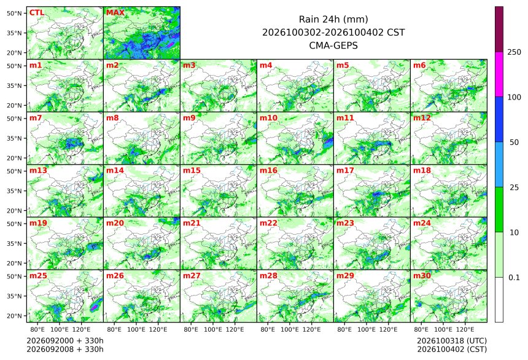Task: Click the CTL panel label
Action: pyautogui.click(x=37, y=13)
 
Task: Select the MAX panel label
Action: pyautogui.click(x=115, y=13)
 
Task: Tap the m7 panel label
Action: pyautogui.click(x=36, y=118)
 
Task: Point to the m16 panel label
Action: pyautogui.click(x=268, y=171)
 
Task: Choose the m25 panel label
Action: pyautogui.click(x=38, y=276)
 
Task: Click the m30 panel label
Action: pyautogui.click(x=422, y=276)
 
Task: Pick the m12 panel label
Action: pyautogui.click(x=422, y=118)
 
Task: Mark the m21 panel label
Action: pyautogui.click(x=192, y=223)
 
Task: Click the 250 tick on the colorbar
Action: pyautogui.click(x=514, y=52)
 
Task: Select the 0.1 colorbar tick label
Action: pyautogui.click(x=514, y=278)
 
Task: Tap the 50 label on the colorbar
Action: pyautogui.click(x=514, y=143)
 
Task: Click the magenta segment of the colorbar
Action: pyautogui.click(x=499, y=74)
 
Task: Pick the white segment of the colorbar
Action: pyautogui.click(x=499, y=300)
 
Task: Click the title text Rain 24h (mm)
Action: pyautogui.click(x=333, y=20)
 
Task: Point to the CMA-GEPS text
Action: pyautogui.click(x=333, y=45)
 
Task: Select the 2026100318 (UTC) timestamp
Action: pyautogui.click(x=452, y=341)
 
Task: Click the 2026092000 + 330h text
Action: pyautogui.click(x=65, y=341)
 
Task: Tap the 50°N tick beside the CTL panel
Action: pyautogui.click(x=14, y=13)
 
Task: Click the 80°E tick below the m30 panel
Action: pyautogui.click(x=421, y=329)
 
